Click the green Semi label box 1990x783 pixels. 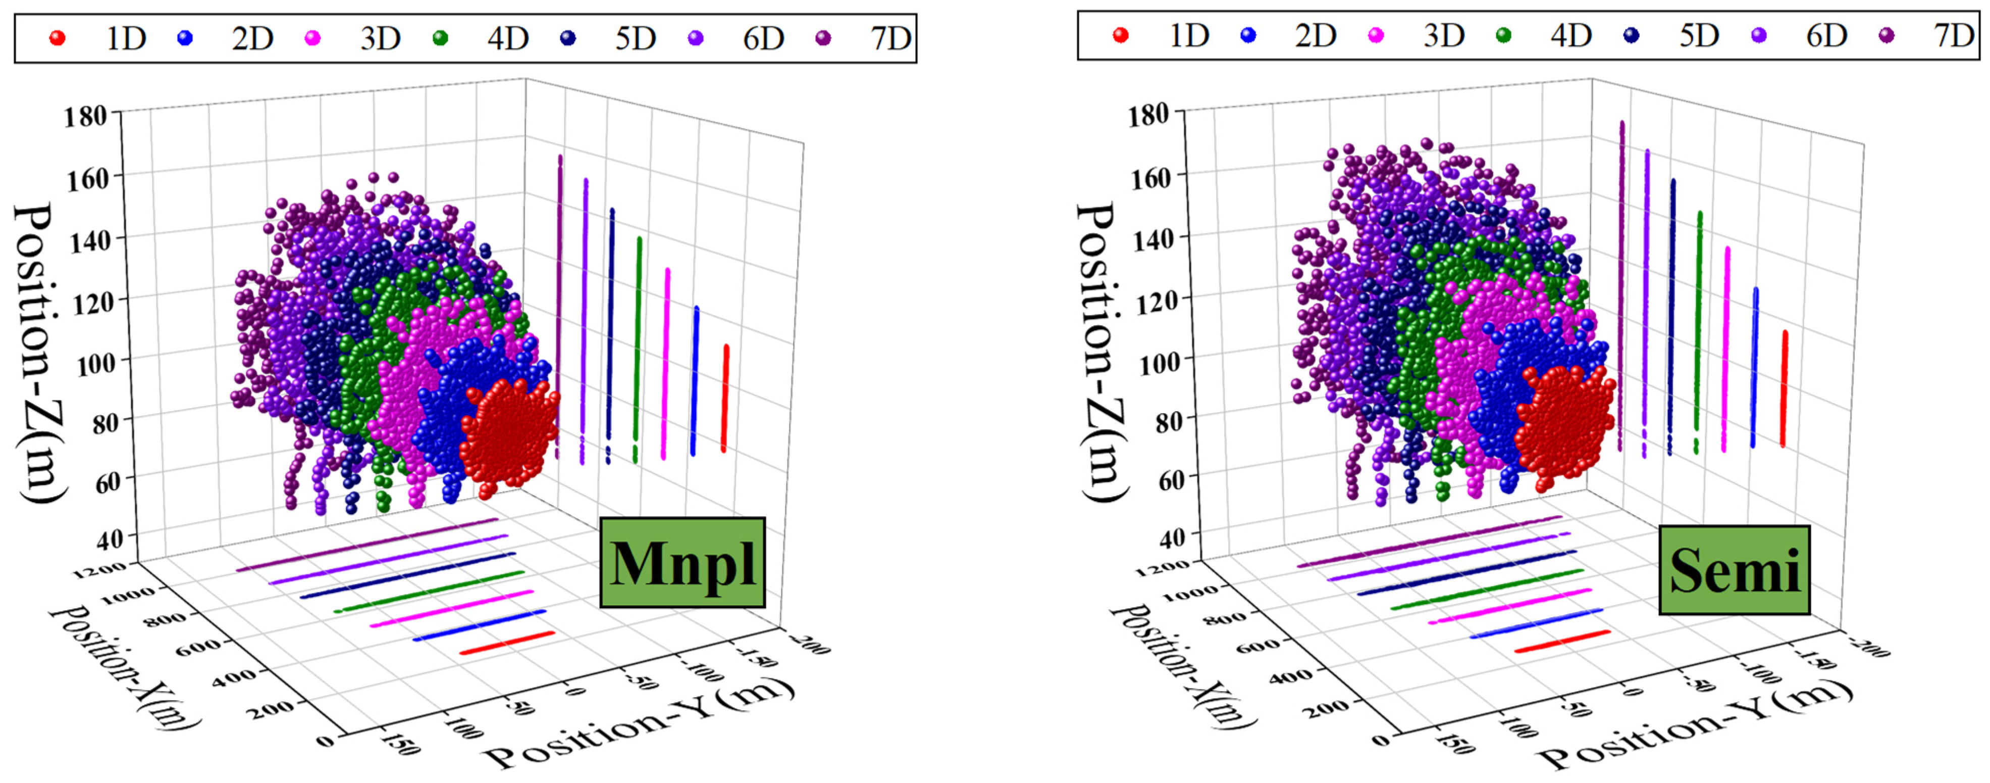pyautogui.click(x=1734, y=570)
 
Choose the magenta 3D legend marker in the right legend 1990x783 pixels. pyautogui.click(x=1376, y=35)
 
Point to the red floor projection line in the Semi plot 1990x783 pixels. pyautogui.click(x=1561, y=641)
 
